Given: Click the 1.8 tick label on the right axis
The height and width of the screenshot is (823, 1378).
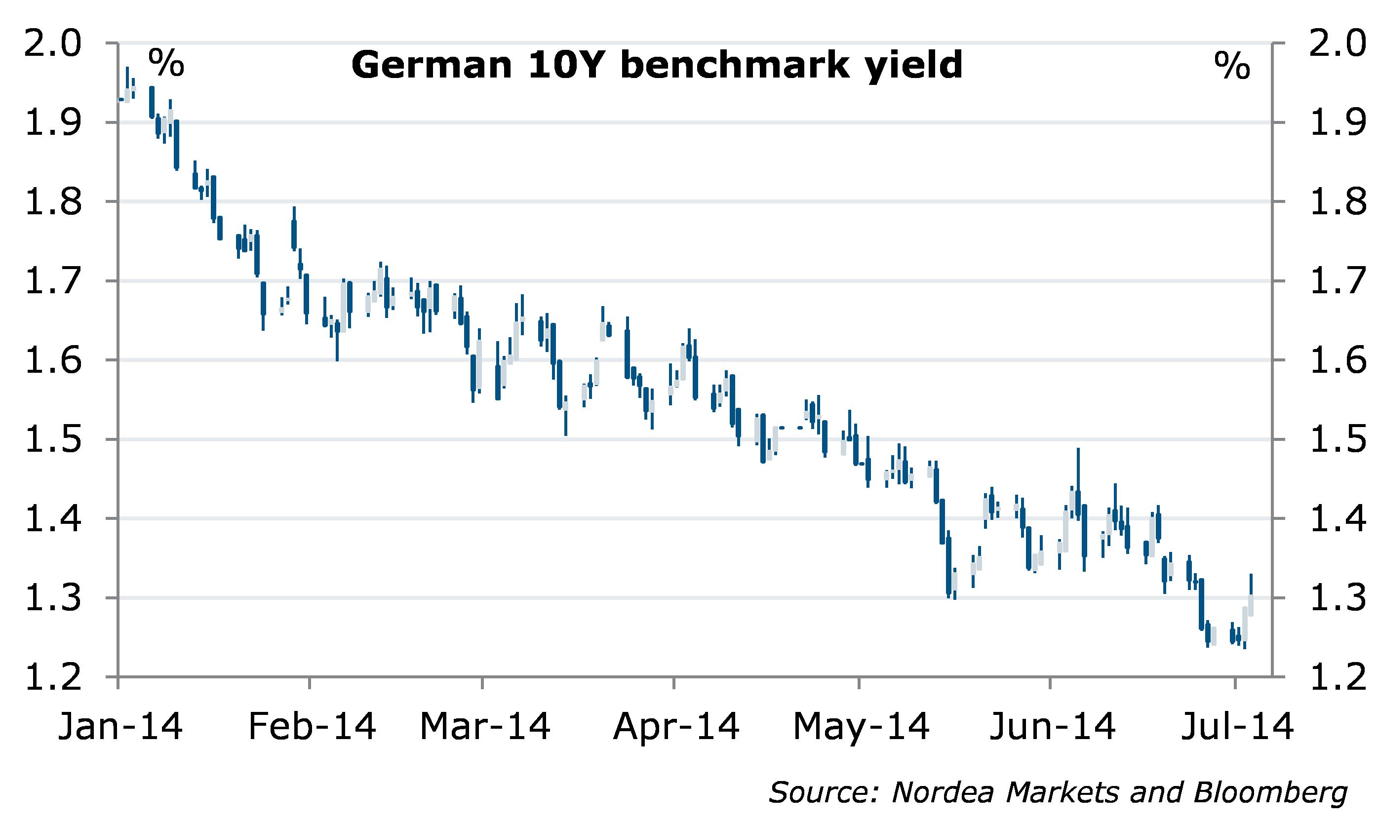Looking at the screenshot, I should (1337, 202).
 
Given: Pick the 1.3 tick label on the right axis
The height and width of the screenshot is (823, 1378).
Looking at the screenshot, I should (1337, 598).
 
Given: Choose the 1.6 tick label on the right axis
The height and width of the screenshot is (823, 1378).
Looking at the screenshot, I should (1337, 360).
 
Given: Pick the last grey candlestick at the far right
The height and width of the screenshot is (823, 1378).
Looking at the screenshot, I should (1251, 605).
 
